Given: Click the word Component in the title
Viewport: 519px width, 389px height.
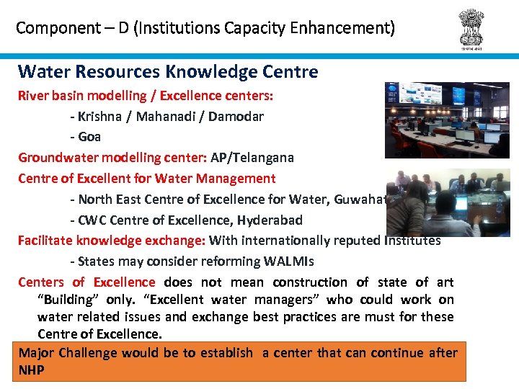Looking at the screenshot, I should point(48,28).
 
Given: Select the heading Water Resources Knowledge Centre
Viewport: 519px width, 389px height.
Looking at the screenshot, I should point(167,71).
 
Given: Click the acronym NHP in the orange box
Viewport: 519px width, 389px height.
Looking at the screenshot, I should point(31,370).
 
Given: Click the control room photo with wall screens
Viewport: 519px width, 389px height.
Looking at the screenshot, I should point(447,120).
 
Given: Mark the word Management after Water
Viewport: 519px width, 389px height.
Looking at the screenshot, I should point(239,178).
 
